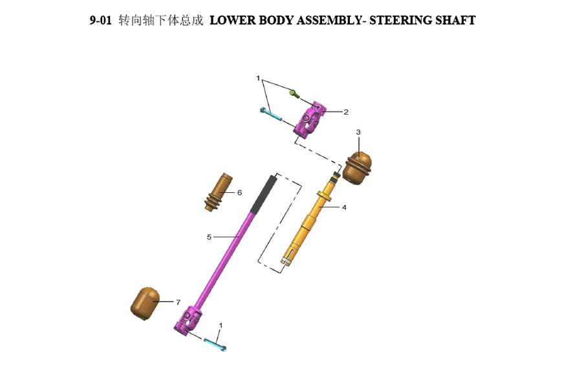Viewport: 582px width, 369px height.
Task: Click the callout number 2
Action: tap(346, 112)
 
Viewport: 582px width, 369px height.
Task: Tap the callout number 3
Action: tap(358, 132)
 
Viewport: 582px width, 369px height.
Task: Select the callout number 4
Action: tap(344, 208)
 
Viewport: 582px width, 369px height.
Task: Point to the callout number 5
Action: tap(209, 237)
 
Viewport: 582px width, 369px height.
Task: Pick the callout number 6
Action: tap(239, 192)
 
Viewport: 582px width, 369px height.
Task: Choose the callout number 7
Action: tap(178, 302)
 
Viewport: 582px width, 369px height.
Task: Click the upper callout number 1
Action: tap(258, 78)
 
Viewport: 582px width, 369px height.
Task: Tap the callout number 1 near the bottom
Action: tap(221, 325)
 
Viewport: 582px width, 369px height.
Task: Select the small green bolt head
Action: tap(294, 95)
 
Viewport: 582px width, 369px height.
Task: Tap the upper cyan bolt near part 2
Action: tap(272, 115)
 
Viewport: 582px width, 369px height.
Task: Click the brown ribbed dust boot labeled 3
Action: tap(358, 167)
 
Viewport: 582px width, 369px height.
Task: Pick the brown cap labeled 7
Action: tap(145, 302)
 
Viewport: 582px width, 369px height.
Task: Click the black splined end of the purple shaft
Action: tap(264, 193)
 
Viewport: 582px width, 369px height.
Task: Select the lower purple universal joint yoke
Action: tap(188, 320)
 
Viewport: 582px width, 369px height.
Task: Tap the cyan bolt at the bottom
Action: tap(215, 344)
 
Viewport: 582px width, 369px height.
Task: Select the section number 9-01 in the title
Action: tap(101, 20)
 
